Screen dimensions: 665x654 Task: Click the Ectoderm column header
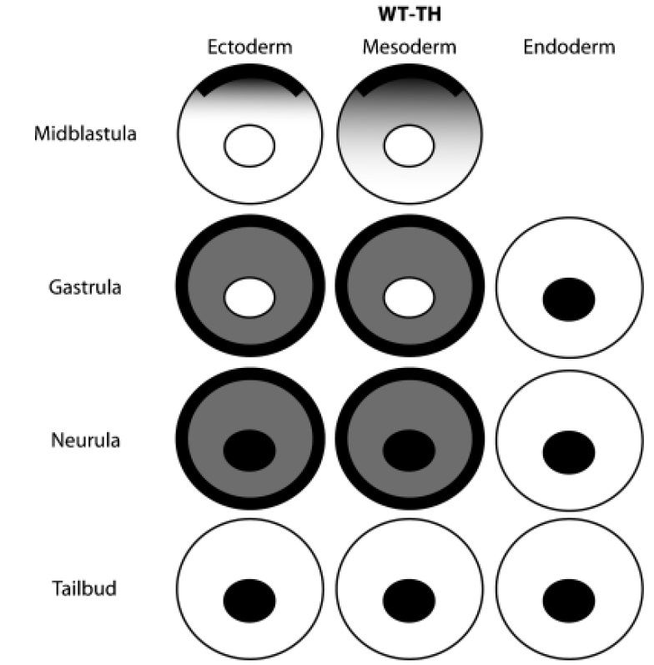click(x=250, y=48)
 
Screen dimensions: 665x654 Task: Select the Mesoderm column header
click(x=409, y=48)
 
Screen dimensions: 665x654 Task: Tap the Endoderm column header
click(x=570, y=48)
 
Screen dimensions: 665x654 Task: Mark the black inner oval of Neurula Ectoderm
click(x=249, y=450)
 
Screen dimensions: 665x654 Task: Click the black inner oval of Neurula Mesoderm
click(x=409, y=450)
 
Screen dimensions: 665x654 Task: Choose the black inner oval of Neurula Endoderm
click(x=569, y=451)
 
